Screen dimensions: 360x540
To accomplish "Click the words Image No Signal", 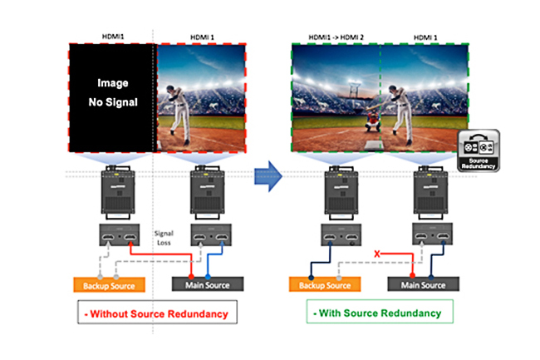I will tap(110, 94).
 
